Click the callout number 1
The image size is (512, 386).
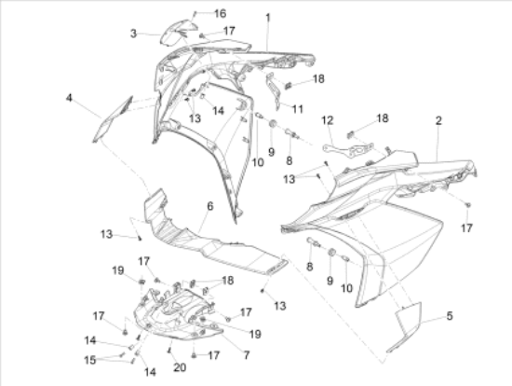[268, 18]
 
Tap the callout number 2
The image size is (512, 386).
[438, 120]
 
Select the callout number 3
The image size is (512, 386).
[133, 34]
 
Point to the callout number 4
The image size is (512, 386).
[69, 98]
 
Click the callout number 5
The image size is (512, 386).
[450, 316]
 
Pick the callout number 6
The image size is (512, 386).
[210, 206]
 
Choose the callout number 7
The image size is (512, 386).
[246, 355]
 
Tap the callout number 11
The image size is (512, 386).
[298, 109]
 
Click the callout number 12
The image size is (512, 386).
[328, 120]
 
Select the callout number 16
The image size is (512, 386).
[220, 13]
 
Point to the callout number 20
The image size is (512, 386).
[180, 367]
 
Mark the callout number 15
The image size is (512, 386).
[90, 360]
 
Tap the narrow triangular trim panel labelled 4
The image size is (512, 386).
[113, 119]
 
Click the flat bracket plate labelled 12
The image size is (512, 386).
[348, 149]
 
